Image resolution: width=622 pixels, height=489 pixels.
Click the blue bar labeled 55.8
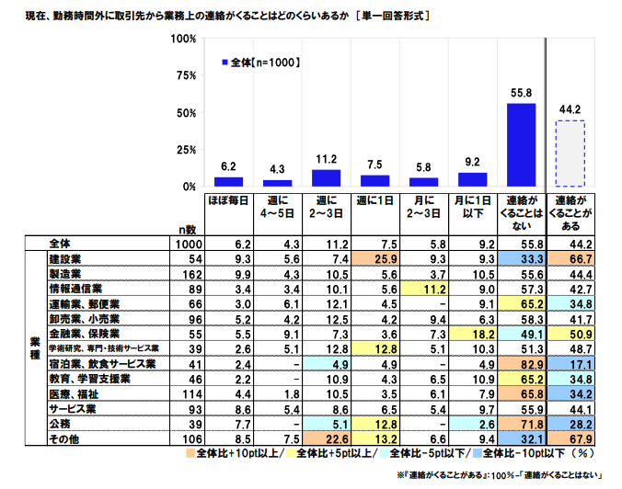pyautogui.click(x=522, y=144)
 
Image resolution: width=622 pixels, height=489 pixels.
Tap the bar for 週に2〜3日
pyautogui.click(x=326, y=177)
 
